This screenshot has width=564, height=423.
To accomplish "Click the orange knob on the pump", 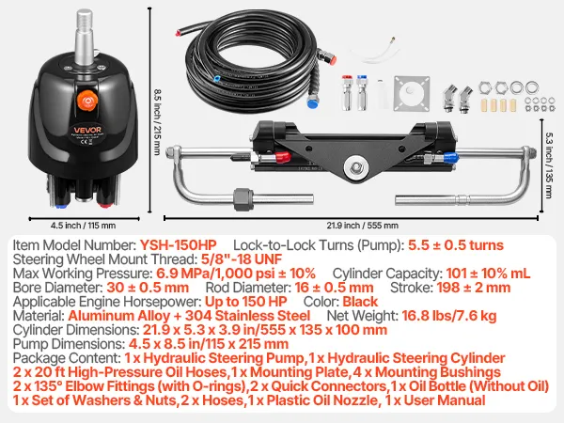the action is coord(86,100).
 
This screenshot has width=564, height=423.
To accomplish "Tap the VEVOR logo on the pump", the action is coord(87,130).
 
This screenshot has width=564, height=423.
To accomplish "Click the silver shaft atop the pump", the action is coord(85,37).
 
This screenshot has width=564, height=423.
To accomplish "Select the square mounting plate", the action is coord(412,93).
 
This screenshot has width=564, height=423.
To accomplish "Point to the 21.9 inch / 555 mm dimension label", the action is coord(363,226).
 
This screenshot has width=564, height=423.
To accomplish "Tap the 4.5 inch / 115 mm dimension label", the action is coord(83,226).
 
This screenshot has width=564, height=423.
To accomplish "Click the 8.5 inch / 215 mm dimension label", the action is coord(157,122).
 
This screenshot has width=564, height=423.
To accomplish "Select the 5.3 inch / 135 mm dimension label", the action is coord(549,165).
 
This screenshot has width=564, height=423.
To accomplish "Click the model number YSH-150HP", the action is coord(178,245).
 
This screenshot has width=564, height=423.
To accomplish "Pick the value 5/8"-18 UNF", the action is coord(242,259).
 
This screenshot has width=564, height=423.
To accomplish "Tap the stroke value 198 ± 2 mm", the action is coord(474,288).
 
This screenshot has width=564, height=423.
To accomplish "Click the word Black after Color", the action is coord(360,302).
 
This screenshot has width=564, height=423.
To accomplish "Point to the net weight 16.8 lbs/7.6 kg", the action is coord(449,316).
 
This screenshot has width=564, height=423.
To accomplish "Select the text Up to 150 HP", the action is coord(245,302).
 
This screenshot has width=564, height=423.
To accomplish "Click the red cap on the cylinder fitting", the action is coord(282,156).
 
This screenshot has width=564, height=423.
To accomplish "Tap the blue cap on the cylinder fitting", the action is coord(450,157).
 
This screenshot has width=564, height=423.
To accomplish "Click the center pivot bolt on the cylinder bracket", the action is coord(356,167).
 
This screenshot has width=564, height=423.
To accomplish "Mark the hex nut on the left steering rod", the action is coord(243,198).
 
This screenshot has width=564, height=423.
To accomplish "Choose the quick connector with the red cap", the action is coord(347,93).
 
